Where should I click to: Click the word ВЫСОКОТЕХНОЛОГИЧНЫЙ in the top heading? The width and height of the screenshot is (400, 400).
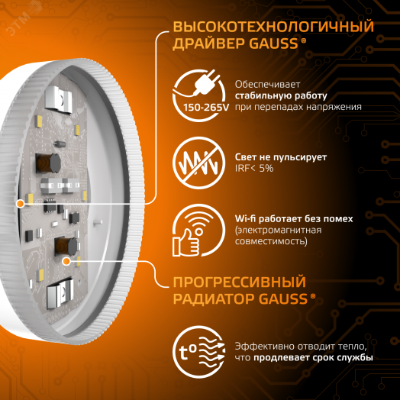coord(273,27)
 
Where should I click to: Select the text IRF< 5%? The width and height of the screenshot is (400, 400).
coord(255,169)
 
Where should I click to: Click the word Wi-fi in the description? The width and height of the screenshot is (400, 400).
coord(248,218)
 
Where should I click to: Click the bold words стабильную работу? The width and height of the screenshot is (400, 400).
coord(268,95)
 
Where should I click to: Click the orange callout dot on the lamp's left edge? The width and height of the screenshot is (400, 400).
coord(20,203)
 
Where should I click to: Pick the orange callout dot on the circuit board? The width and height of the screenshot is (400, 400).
coord(67,261)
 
